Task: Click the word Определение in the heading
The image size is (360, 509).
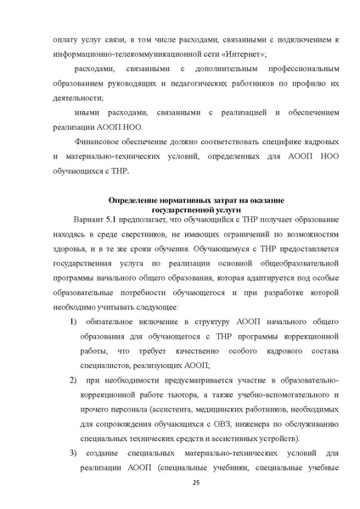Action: click(140, 200)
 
